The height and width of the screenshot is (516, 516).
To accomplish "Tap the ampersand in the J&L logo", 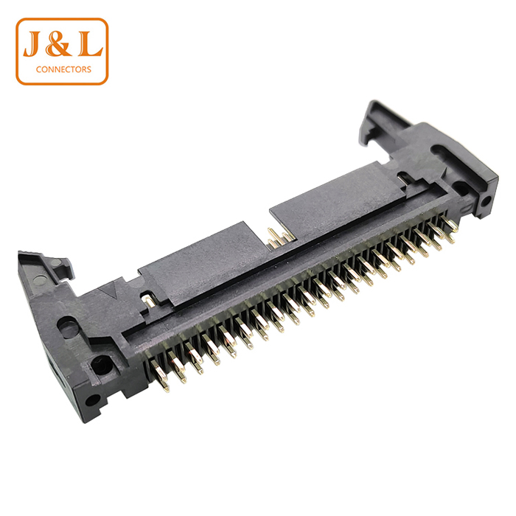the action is pyautogui.click(x=59, y=44).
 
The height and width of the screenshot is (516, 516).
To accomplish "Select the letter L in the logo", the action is pyautogui.click(x=89, y=44).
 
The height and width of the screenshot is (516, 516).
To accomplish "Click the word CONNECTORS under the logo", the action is pyautogui.click(x=63, y=69).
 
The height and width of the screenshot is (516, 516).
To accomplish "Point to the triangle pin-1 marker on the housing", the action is pyautogui.click(x=110, y=290).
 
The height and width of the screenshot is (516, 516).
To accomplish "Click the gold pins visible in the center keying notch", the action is pyautogui.click(x=279, y=237).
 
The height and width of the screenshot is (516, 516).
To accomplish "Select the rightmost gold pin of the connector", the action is pyautogui.click(x=449, y=225).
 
